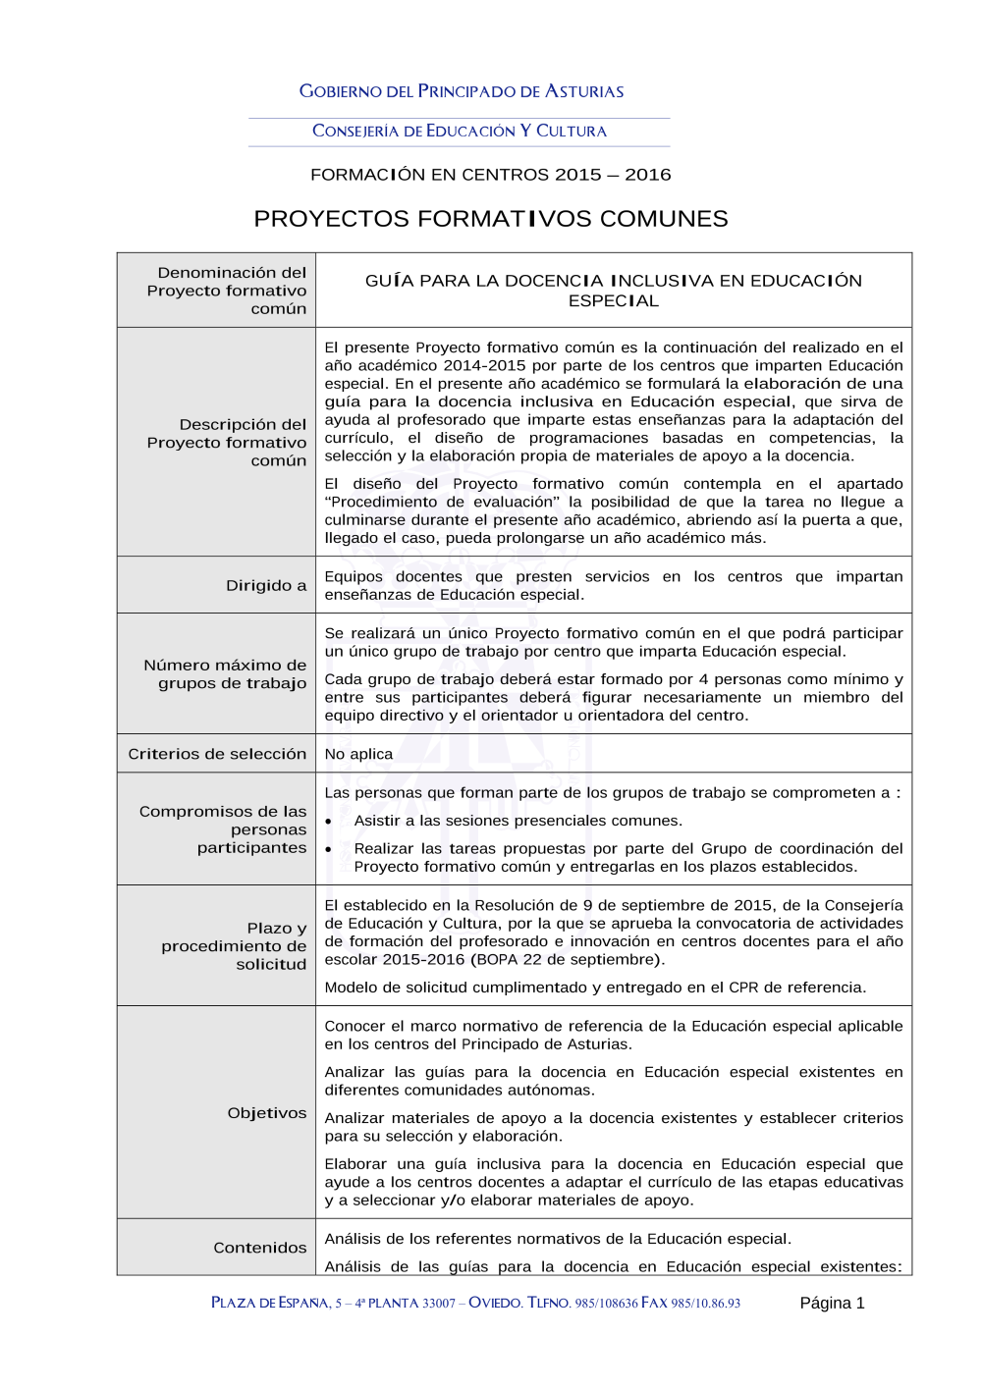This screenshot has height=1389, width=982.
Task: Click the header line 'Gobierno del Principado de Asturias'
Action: coord(462,91)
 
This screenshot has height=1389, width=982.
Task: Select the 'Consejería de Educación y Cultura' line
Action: coord(460,131)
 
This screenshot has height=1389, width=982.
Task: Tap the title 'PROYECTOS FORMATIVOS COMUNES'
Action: coord(491,219)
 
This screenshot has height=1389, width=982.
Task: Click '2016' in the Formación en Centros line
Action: coord(648,175)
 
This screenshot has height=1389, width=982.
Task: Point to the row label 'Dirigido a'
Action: coord(266,586)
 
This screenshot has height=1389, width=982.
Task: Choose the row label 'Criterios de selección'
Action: coord(217,754)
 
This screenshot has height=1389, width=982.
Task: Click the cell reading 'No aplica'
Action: coord(358,754)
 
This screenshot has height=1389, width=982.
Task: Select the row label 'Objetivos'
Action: coord(267,1113)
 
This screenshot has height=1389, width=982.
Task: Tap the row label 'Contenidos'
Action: coord(260,1248)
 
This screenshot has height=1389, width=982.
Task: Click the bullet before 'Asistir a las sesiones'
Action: coord(329,822)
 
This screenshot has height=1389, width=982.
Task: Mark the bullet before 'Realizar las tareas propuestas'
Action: coord(329,849)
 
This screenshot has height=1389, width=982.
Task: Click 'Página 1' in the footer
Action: coord(832,1304)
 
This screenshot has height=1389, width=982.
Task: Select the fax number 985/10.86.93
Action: coord(706,1304)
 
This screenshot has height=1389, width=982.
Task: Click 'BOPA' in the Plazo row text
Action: coord(497,960)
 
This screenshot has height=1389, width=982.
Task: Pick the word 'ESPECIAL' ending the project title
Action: coord(614,301)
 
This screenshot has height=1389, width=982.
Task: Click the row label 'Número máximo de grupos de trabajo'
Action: coord(225,674)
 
